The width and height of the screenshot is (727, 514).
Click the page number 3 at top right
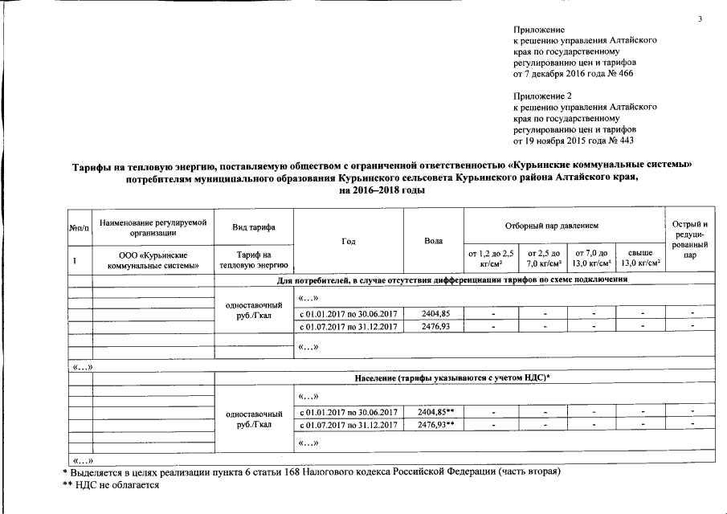pyautogui.click(x=700, y=18)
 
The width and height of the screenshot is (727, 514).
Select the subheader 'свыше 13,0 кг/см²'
pyautogui.click(x=641, y=259)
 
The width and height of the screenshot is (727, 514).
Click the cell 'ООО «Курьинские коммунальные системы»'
pyautogui.click(x=153, y=259)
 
